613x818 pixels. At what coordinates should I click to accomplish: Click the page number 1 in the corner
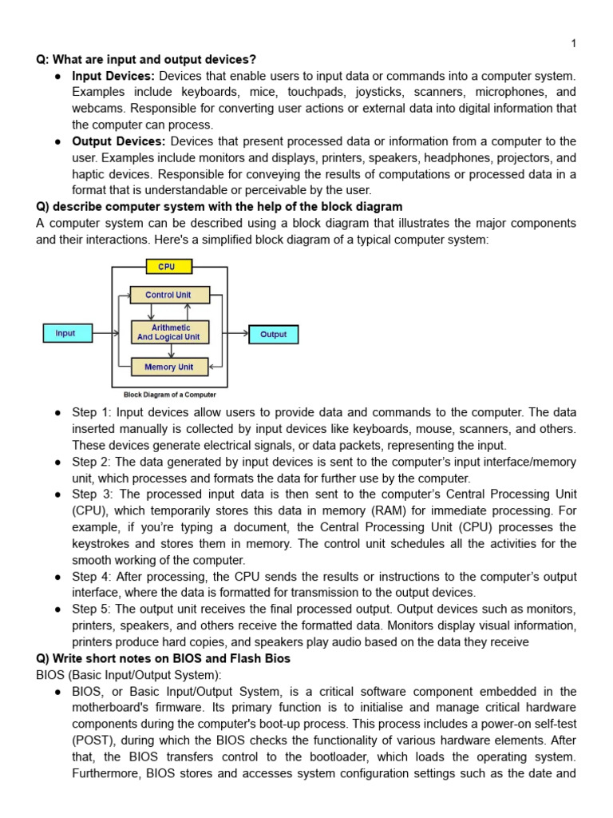573,43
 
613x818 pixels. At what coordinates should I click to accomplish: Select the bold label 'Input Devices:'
113,76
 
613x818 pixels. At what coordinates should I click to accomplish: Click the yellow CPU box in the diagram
166,267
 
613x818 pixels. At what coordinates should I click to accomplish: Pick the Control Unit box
169,295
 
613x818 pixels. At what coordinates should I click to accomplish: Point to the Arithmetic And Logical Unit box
169,332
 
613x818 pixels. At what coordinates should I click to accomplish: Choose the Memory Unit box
169,367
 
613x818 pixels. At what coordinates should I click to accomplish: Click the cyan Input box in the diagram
65,333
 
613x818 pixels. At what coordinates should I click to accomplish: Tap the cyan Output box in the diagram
273,335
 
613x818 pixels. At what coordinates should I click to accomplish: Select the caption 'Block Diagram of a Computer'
169,394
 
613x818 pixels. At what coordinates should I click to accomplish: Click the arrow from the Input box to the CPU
102,333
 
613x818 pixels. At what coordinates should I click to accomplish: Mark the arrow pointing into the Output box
238,334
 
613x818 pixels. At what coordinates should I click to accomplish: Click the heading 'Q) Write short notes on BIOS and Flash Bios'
164,658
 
